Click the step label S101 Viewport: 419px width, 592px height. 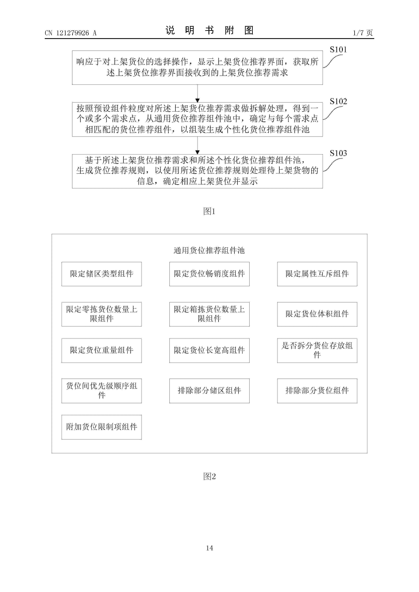coord(338,49)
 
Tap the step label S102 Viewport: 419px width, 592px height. coord(338,101)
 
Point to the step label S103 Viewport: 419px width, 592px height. coord(338,153)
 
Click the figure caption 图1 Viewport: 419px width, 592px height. coord(209,211)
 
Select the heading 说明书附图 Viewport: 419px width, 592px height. coord(209,30)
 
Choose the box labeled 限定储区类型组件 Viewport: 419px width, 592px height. coord(102,274)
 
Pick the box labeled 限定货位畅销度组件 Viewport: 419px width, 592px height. coord(209,274)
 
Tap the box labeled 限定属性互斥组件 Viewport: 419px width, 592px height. coord(317,274)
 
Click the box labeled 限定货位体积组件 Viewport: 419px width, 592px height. coord(317,314)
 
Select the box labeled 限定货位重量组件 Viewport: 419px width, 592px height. coord(102,350)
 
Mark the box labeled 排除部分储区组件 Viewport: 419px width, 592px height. coord(209,391)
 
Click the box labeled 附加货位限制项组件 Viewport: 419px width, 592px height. coord(102,427)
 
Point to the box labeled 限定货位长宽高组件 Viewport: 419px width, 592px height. coord(209,350)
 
